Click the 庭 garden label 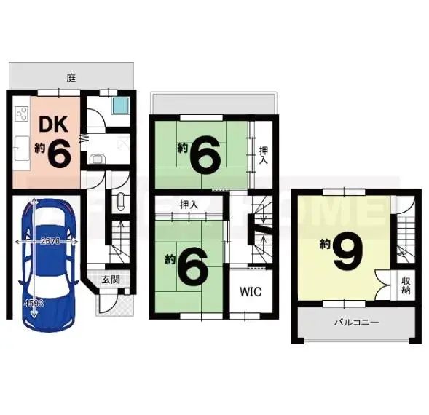[71, 78]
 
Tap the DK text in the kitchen [53, 125]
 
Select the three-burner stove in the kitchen [22, 114]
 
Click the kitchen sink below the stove [22, 148]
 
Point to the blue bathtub [120, 106]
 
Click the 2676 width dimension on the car [50, 241]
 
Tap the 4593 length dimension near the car [34, 303]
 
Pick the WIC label [251, 292]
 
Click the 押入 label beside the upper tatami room [264, 155]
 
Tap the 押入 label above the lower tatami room [189, 205]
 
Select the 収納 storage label [406, 285]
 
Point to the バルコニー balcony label [357, 323]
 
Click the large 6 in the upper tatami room [205, 152]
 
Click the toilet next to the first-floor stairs [121, 202]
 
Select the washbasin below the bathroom [98, 159]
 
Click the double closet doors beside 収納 [382, 285]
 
